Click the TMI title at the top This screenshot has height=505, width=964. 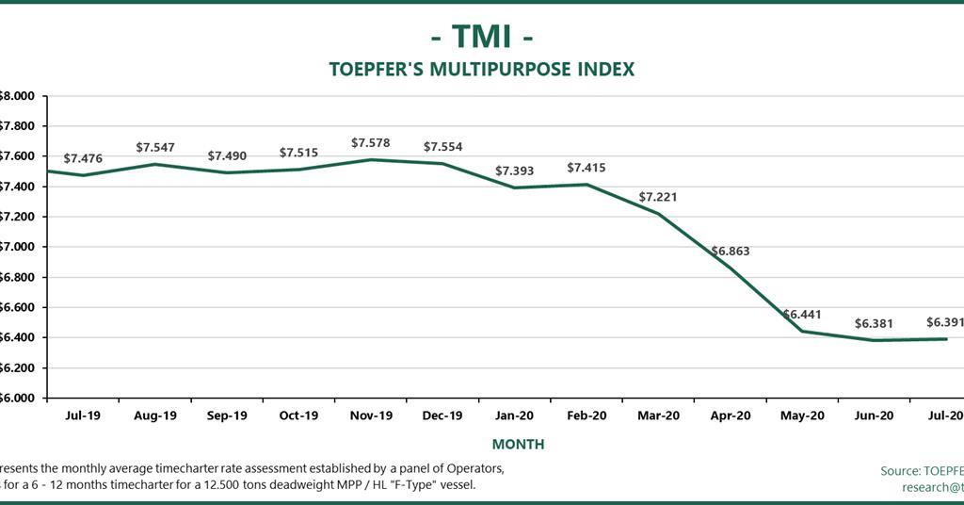click(481, 37)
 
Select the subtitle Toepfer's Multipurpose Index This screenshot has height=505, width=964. click(481, 70)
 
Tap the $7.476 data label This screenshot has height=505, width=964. click(83, 158)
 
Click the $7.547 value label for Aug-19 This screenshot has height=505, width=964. click(155, 148)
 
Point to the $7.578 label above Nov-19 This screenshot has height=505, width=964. click(371, 142)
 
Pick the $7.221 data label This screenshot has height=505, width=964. click(658, 197)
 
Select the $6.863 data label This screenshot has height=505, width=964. click(731, 252)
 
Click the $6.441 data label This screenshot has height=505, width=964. click(802, 315)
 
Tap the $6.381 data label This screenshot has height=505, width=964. click(874, 323)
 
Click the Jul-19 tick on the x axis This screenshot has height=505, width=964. click(84, 415)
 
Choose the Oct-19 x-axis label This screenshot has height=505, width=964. click(298, 415)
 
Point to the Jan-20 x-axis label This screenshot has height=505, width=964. click(514, 415)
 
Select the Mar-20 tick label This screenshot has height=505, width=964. click(658, 415)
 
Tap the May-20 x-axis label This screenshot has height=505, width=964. click(802, 415)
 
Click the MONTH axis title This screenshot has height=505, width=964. click(518, 444)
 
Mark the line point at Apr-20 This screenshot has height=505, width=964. click(731, 268)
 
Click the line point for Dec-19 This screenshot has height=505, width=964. click(442, 164)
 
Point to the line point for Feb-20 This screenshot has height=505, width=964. click(586, 185)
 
